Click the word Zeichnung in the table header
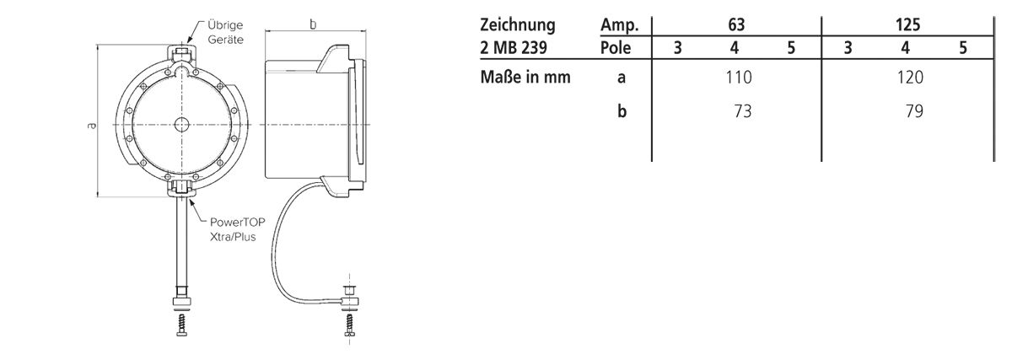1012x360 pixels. coord(517,25)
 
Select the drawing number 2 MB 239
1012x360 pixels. coord(517,47)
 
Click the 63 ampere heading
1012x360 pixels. coord(735,25)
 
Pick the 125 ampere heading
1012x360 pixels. coord(907,25)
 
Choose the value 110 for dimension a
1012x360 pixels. coord(738,78)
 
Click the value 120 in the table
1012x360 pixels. coord(911,78)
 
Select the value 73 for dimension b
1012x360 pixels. coord(742,110)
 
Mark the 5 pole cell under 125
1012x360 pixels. coord(962,48)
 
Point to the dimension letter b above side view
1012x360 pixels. coord(313,24)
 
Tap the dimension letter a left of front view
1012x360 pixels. coord(91,125)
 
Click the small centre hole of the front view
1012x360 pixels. coord(181,125)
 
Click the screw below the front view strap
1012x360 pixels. coord(181,325)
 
